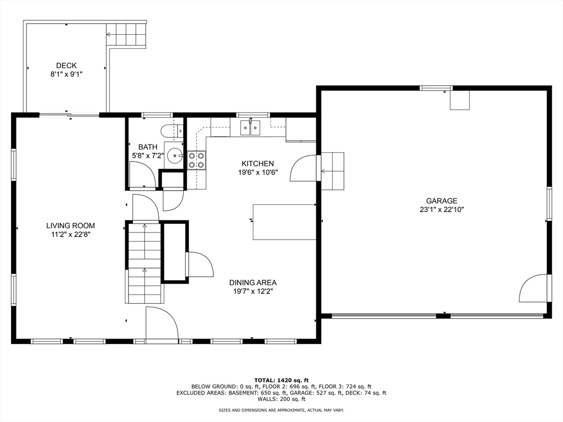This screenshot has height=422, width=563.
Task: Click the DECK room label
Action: (x=67, y=66)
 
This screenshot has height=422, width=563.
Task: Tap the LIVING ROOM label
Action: (x=71, y=226)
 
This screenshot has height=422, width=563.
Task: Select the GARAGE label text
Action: (x=441, y=201)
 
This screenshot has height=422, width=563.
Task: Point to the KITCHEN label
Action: (x=258, y=164)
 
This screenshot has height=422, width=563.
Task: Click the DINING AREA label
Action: (x=253, y=283)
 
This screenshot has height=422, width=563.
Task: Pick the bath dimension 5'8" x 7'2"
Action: (x=148, y=156)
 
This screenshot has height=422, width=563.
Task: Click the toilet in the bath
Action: (x=172, y=131)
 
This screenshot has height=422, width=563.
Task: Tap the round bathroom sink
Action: (x=175, y=156)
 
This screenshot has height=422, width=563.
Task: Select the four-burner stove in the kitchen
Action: (x=196, y=160)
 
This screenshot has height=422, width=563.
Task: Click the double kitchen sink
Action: (x=250, y=127)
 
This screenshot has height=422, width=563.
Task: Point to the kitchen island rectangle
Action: (x=284, y=222)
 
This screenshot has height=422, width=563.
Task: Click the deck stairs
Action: (x=127, y=35)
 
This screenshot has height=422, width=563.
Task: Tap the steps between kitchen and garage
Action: (x=333, y=171)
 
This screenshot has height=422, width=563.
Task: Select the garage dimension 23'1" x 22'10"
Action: (x=441, y=209)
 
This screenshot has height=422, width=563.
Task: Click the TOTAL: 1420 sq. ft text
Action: (x=281, y=380)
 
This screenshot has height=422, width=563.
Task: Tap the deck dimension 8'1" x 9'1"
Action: (x=67, y=75)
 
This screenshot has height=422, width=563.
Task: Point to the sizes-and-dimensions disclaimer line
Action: (x=281, y=410)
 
